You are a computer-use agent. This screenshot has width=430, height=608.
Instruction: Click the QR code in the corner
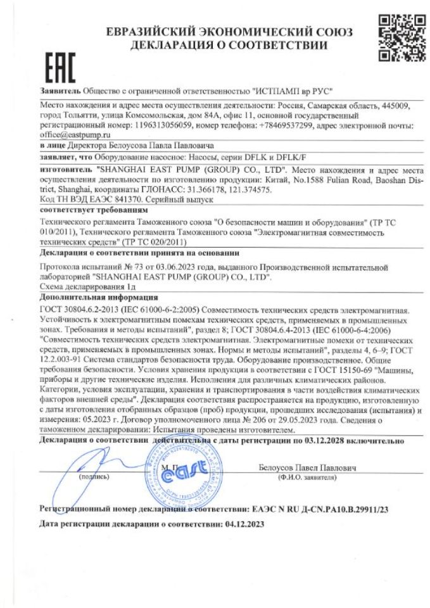pos(396,39)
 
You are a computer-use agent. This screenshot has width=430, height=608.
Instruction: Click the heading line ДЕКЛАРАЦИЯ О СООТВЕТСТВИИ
pos(229,46)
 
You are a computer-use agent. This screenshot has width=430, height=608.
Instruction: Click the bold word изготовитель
pos(66,170)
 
